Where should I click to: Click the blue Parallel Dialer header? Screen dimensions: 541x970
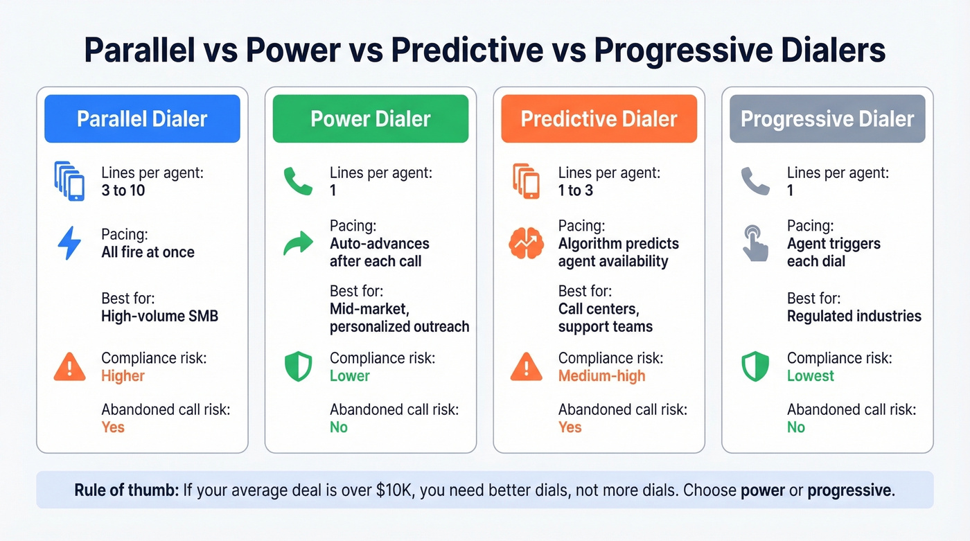point(142,119)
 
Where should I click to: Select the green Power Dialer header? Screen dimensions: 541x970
point(371,119)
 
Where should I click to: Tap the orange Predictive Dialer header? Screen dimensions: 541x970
point(599,119)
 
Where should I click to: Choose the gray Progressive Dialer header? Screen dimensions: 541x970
point(827,119)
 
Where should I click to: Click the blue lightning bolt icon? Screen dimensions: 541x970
point(69,243)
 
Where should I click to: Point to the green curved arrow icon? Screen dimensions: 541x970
point(299,244)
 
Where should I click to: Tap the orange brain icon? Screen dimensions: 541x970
point(527,244)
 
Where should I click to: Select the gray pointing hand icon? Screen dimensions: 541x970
point(755,243)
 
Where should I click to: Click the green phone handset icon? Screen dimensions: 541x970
point(299,181)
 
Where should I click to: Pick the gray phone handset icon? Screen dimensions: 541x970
point(755,181)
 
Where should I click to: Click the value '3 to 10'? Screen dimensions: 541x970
point(123,190)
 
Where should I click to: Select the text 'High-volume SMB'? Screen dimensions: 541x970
point(160,317)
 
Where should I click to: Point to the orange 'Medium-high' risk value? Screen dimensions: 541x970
point(601,376)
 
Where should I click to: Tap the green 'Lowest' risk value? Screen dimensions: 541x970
point(811,376)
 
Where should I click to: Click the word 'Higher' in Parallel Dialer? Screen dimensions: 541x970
point(123,376)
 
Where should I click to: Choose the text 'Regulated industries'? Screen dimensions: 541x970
point(854,317)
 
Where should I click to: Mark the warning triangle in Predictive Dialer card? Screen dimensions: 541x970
point(527,367)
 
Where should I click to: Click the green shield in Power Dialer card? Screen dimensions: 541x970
point(299,367)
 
